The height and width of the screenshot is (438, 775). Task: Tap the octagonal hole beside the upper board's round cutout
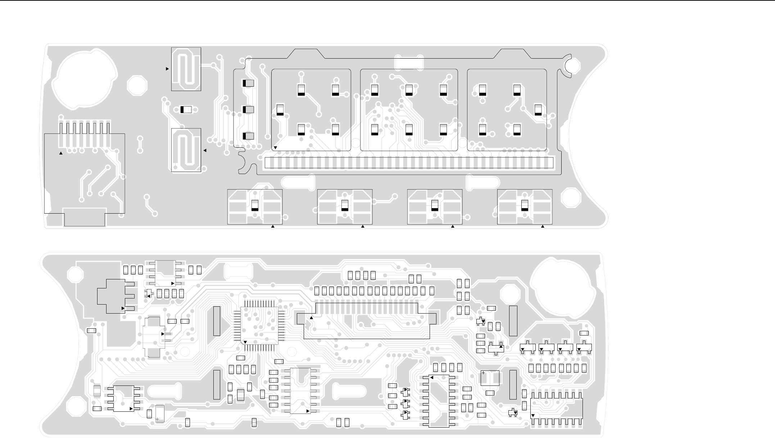pyautogui.click(x=137, y=85)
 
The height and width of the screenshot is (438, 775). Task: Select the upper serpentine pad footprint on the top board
pyautogui.click(x=186, y=69)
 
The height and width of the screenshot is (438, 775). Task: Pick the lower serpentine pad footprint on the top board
pyautogui.click(x=186, y=150)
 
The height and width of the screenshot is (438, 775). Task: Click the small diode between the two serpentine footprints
pyautogui.click(x=186, y=110)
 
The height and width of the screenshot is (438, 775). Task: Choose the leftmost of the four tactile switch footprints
pyautogui.click(x=255, y=207)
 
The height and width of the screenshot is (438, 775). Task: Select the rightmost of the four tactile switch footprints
pyautogui.click(x=525, y=207)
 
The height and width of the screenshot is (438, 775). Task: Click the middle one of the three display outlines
pyautogui.click(x=409, y=110)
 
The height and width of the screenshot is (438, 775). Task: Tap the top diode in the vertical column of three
pyautogui.click(x=248, y=83)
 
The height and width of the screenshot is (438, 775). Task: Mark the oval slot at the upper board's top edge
pyautogui.click(x=409, y=63)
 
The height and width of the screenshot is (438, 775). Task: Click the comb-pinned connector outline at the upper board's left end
pyautogui.click(x=85, y=173)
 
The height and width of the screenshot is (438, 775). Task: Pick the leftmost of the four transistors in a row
pyautogui.click(x=528, y=347)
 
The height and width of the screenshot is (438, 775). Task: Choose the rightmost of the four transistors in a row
pyautogui.click(x=584, y=347)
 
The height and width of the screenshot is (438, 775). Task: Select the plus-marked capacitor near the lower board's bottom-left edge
pyautogui.click(x=160, y=414)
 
